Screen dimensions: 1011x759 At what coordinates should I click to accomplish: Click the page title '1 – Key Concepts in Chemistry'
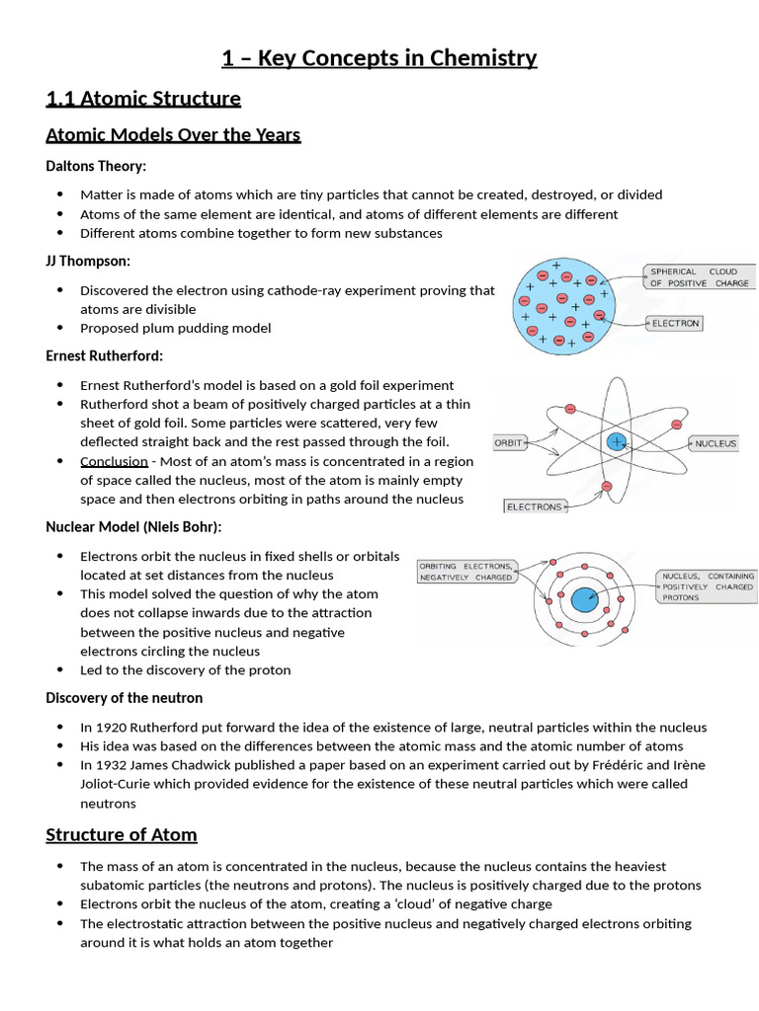[x=379, y=58]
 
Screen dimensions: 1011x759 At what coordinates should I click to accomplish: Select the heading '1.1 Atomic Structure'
[x=143, y=99]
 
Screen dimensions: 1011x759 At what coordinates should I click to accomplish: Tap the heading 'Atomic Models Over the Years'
[x=173, y=134]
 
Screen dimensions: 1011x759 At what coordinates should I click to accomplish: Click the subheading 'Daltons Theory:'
[x=96, y=166]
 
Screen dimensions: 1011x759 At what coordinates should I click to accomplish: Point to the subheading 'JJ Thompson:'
[x=88, y=261]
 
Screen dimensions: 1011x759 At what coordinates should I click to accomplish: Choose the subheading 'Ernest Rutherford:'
[x=105, y=355]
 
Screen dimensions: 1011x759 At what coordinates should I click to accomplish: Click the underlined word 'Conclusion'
[x=114, y=461]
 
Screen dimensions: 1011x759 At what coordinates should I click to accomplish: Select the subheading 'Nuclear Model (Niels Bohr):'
[x=133, y=527]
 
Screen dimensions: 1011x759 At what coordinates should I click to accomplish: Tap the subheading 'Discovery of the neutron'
[x=125, y=698]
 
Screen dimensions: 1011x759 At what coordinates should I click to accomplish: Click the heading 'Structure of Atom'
[x=122, y=835]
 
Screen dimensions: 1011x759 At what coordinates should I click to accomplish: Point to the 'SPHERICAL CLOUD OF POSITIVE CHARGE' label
[x=700, y=276]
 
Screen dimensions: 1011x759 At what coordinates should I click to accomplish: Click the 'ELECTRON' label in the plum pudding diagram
[x=675, y=323]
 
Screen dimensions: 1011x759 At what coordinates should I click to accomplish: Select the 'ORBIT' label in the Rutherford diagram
[x=509, y=443]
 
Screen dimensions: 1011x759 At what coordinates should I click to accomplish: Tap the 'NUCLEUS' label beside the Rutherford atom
[x=716, y=444]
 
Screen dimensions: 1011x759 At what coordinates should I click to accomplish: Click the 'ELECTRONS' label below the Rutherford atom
[x=534, y=506]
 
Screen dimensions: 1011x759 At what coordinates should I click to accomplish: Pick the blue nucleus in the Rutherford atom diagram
[x=618, y=442]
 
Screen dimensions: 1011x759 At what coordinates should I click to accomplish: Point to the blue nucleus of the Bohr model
[x=584, y=599]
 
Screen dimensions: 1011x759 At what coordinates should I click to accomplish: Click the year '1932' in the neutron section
[x=113, y=765]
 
